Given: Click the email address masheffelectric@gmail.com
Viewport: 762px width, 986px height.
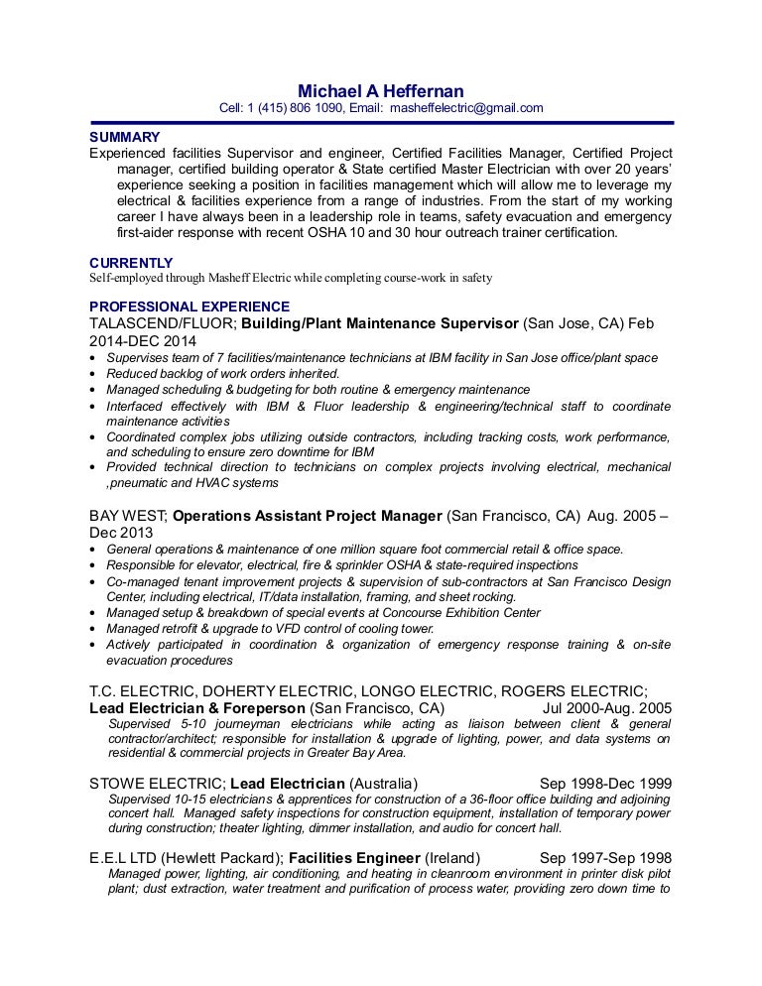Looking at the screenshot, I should [x=466, y=108].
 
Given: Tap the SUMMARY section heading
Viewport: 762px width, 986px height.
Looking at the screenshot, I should [x=125, y=136].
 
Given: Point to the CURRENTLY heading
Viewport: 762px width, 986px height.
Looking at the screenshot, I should [x=130, y=262].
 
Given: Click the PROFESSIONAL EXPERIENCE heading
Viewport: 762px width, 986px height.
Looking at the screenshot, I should [x=190, y=307].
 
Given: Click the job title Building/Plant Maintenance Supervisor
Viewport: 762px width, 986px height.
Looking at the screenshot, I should [x=380, y=323].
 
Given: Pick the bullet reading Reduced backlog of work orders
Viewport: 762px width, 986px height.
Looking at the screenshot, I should [x=222, y=374].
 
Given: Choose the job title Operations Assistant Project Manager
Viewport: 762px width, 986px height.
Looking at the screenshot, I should [x=308, y=516].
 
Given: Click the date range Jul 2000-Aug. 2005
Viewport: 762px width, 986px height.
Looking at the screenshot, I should [x=607, y=708].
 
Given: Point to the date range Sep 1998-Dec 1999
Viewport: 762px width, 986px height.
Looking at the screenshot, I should [x=605, y=781].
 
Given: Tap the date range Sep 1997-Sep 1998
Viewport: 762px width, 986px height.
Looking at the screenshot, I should [x=605, y=857].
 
